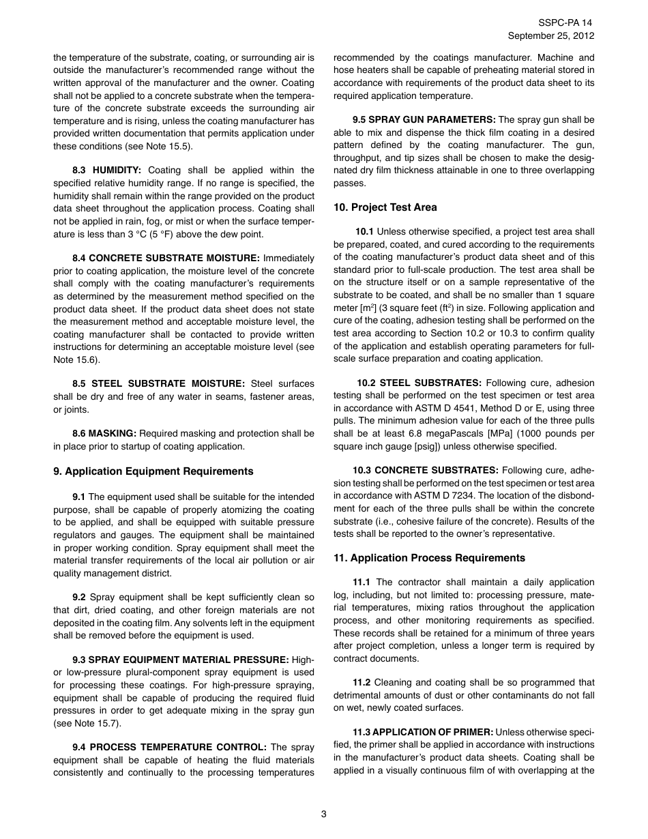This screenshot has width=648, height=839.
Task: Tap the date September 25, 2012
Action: click(551, 35)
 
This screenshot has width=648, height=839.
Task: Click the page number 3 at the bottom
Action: click(324, 814)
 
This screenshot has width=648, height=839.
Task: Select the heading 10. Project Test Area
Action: click(385, 207)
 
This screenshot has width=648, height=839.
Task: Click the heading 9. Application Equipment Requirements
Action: click(153, 471)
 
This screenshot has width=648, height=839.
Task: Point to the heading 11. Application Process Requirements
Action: click(429, 558)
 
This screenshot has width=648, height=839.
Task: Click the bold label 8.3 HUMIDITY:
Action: click(107, 171)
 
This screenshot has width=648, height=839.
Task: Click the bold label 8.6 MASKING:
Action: click(104, 434)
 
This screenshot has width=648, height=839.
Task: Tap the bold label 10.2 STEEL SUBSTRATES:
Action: click(419, 383)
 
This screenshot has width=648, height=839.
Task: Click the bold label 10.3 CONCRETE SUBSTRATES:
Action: click(425, 471)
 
